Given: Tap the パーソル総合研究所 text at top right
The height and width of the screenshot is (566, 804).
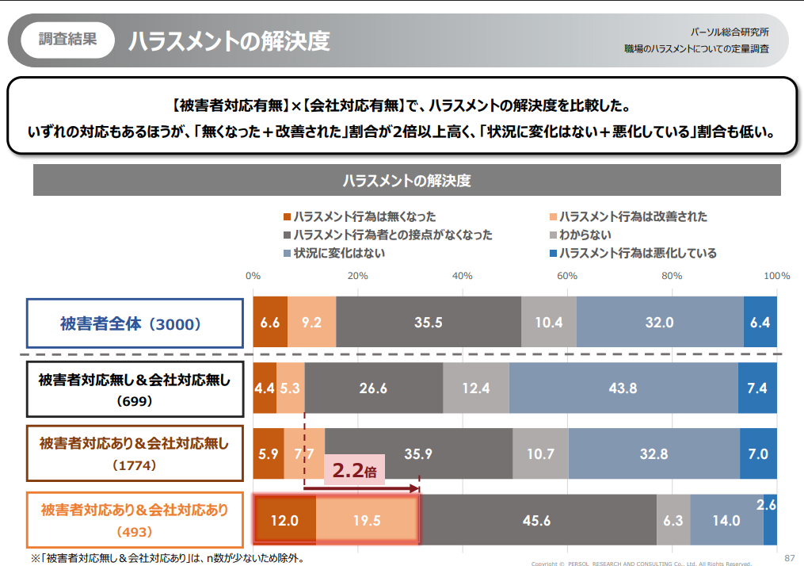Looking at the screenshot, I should [x=728, y=33].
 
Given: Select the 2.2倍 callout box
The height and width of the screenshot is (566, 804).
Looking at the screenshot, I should [x=354, y=470].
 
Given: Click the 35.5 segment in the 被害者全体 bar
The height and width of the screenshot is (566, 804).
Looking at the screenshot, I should [x=428, y=323].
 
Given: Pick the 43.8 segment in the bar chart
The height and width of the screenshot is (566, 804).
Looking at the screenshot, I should [x=623, y=388].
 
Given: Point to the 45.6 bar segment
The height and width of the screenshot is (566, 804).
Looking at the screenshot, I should [x=536, y=521].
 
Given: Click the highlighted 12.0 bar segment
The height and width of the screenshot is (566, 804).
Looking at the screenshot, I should [x=285, y=521].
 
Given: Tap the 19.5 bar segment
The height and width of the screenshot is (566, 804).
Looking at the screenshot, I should [x=367, y=521].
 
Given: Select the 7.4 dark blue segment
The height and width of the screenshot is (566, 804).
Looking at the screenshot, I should [x=757, y=388].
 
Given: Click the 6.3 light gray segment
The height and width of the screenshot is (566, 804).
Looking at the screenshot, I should [x=673, y=521].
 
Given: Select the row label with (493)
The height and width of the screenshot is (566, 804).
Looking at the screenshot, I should [x=135, y=520].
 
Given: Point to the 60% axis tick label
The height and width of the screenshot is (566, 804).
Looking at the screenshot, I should [x=566, y=276].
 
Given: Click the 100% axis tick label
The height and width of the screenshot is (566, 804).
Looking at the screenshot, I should [x=776, y=276].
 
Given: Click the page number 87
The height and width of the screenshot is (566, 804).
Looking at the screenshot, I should [x=789, y=556].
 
